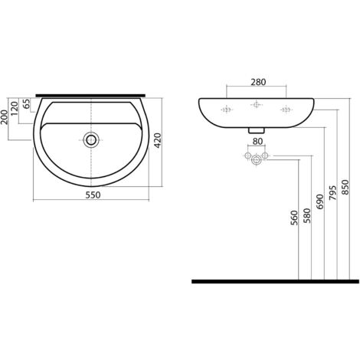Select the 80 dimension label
tap(257, 141)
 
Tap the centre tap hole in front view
tap(257, 109)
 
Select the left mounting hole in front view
tap(227, 109)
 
